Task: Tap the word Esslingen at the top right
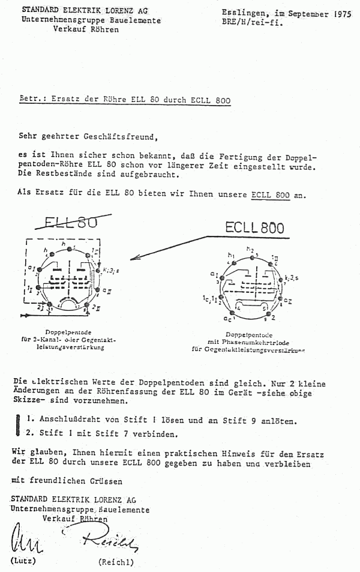(243, 12)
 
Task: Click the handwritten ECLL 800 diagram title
(254, 227)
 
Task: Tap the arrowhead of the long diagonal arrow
(134, 258)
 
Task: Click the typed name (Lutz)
(23, 561)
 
